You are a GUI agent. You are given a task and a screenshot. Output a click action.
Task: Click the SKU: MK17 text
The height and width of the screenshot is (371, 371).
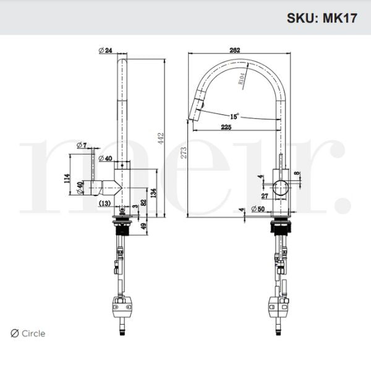coord(322,17)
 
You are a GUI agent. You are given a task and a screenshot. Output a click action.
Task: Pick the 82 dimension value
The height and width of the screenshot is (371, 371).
coord(143,202)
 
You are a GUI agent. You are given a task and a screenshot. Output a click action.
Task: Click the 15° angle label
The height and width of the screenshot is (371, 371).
coord(235,116)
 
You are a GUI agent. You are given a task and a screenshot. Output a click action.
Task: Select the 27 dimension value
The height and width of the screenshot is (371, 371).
coord(264,196)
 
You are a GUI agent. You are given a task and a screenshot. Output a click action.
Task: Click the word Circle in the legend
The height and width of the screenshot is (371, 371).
coord(33,334)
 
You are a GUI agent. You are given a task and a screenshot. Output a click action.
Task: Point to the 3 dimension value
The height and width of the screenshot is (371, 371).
coord(135,205)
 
